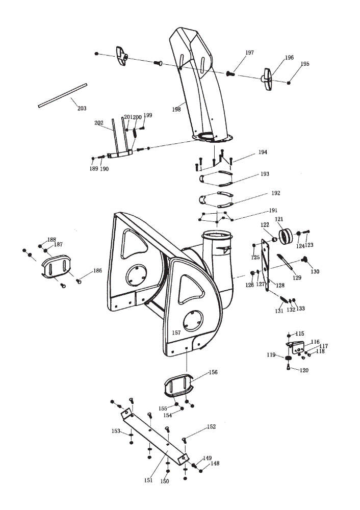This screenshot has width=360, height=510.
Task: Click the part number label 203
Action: (x=82, y=108)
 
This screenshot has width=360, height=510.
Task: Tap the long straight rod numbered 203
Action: (x=62, y=95)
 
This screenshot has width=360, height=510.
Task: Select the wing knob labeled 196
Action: (x=267, y=79)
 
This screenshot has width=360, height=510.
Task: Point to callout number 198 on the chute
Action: (x=176, y=110)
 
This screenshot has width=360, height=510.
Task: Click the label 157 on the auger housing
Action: (x=176, y=333)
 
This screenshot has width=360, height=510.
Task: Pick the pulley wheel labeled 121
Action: (x=286, y=236)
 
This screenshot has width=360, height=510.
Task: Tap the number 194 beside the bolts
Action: (x=263, y=152)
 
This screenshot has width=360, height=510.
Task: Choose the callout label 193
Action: (x=265, y=174)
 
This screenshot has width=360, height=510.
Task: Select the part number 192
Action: (x=276, y=193)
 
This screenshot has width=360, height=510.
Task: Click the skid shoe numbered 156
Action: (x=178, y=386)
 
